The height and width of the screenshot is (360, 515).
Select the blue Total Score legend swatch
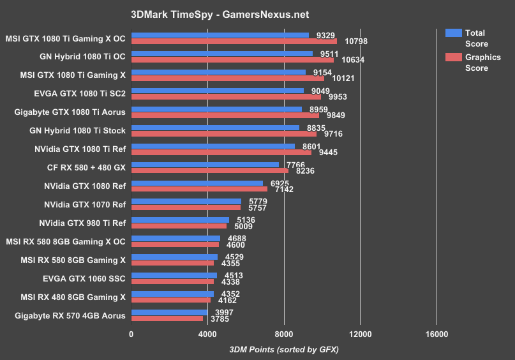pos(454,33)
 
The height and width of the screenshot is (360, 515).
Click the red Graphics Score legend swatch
pos(454,57)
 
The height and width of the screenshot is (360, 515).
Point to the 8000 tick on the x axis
pos(284,334)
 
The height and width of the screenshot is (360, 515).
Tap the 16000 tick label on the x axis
pos(436,334)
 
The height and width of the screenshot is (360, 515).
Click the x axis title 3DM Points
pos(283,350)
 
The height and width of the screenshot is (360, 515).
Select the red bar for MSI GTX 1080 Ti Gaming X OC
pos(234,41)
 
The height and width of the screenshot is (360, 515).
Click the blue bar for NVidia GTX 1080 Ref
pos(197,183)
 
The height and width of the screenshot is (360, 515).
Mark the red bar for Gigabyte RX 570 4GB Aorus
pos(167,318)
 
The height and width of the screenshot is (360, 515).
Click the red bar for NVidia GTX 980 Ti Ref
pos(179,225)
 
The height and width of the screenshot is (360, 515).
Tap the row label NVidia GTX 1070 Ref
pos(85,204)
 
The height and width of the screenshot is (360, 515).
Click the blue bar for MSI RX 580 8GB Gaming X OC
pos(175,239)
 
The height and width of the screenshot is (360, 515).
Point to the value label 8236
pos(301,171)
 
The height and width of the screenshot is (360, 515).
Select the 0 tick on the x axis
pos(131,334)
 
